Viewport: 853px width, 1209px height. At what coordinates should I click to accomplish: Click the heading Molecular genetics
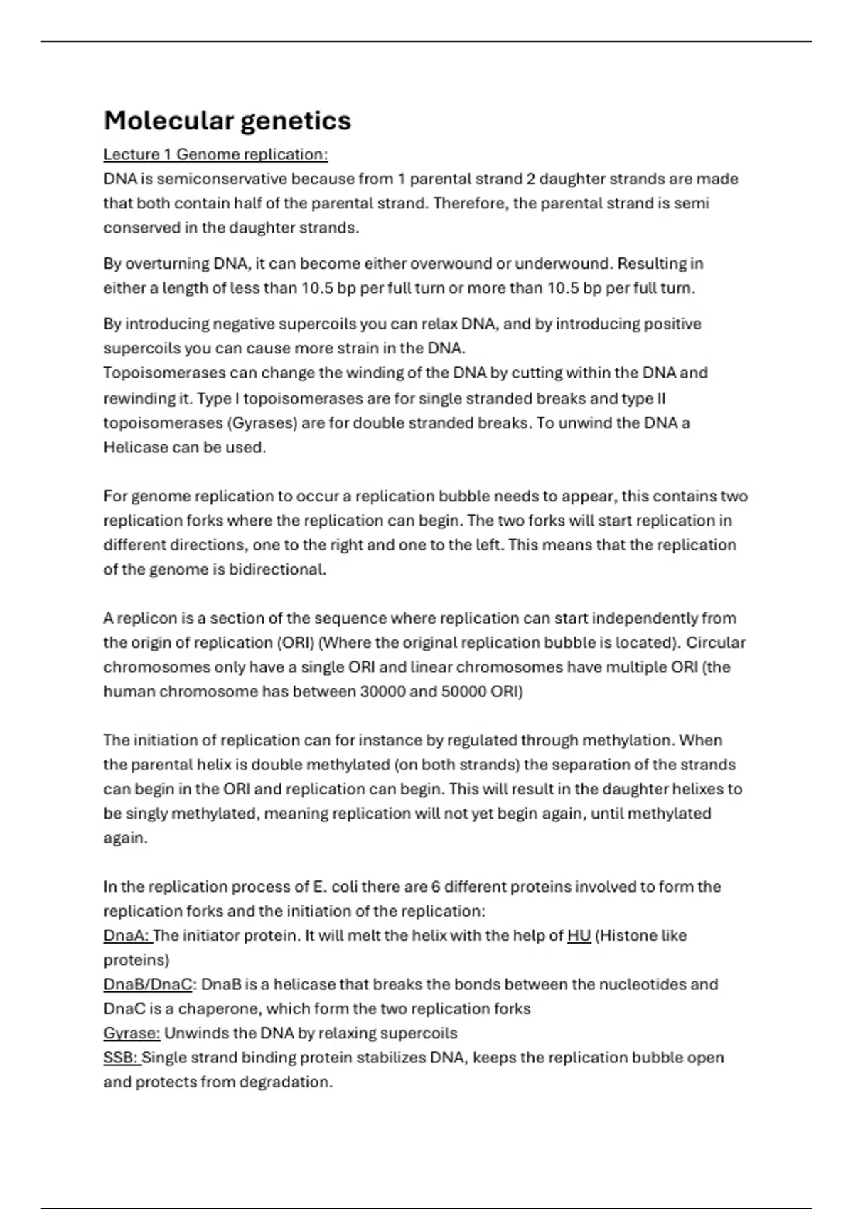point(227,121)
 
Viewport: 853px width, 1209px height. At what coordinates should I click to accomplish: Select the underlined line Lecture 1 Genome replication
point(215,154)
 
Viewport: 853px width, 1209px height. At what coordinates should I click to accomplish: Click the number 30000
point(382,691)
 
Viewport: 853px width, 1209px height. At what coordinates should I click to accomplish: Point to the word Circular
point(715,643)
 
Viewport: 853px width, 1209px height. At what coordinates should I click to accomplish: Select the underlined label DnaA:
point(127,936)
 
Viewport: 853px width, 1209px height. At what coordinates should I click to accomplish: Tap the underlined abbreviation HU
point(579,936)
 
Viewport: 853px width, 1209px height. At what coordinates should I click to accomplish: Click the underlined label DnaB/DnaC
point(148,984)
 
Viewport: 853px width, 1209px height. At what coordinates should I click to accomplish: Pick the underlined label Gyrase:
point(132,1033)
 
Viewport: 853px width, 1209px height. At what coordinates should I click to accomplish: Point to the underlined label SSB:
point(121,1058)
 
